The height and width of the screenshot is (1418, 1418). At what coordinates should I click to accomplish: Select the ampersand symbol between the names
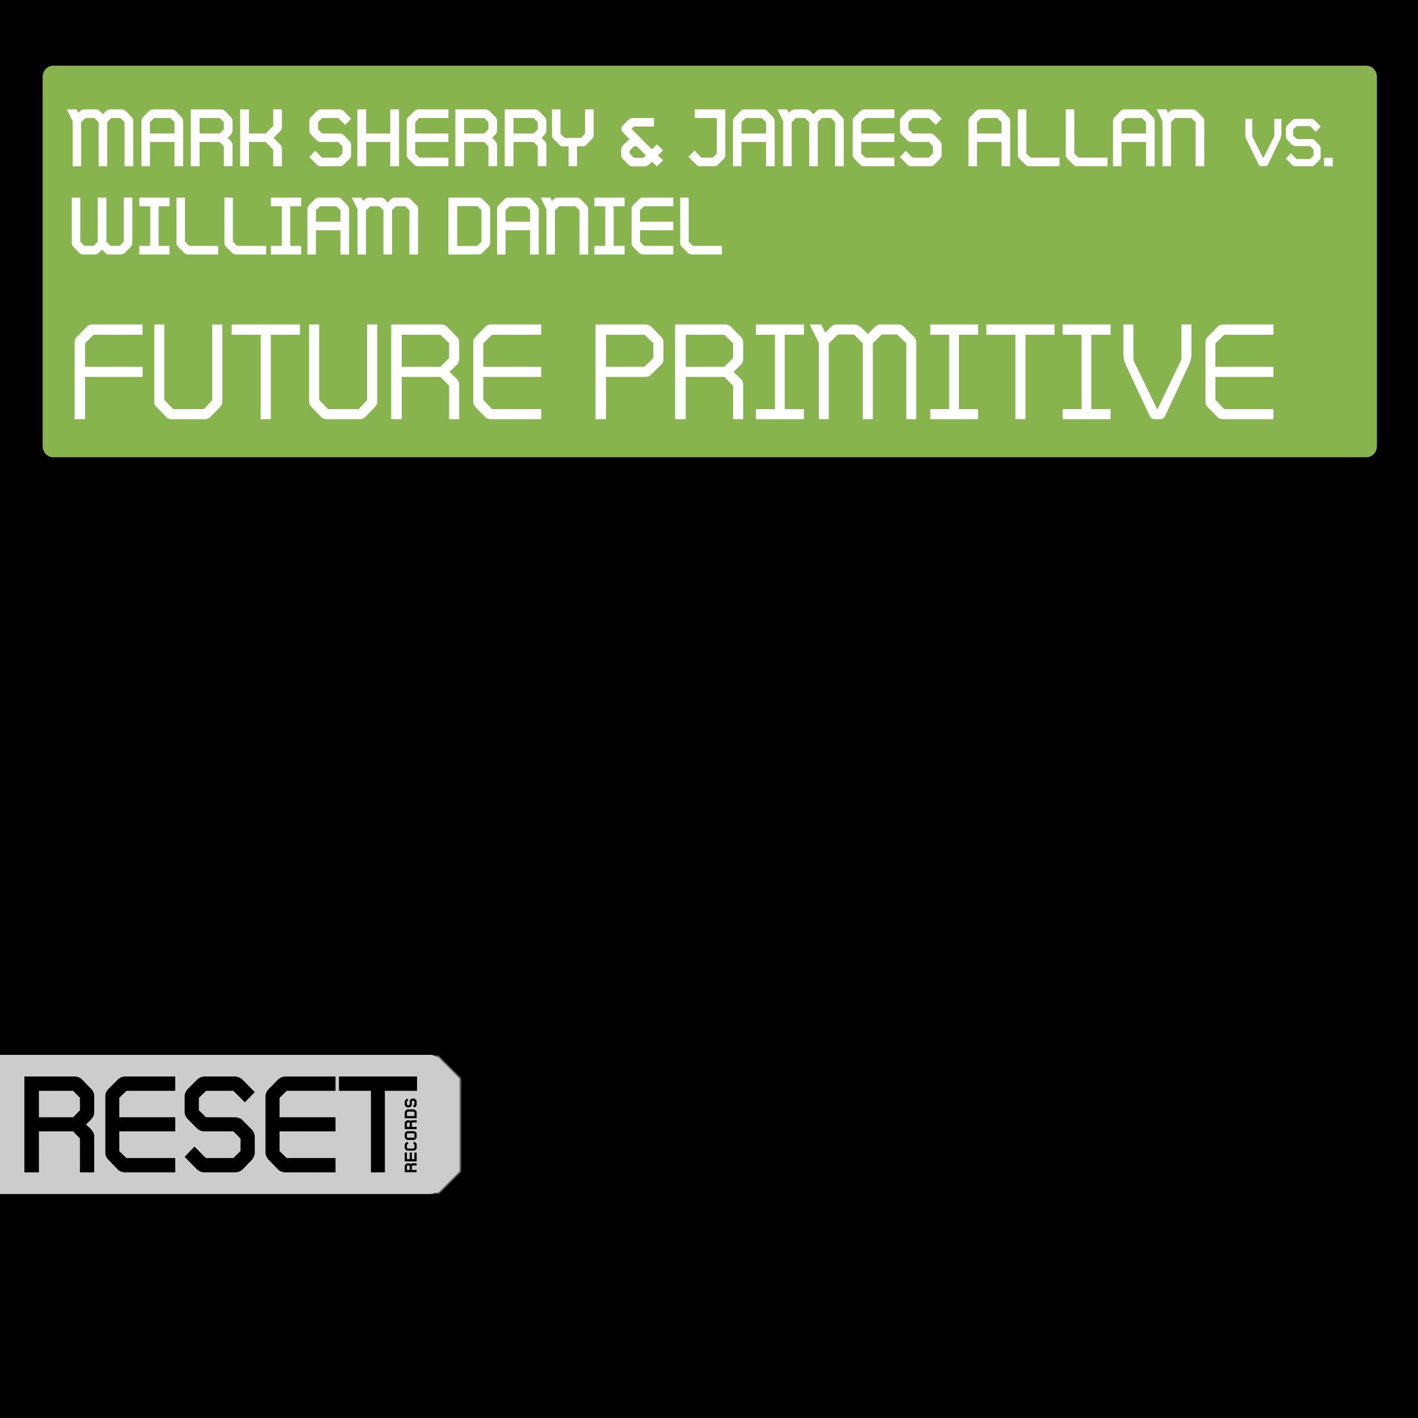point(641,140)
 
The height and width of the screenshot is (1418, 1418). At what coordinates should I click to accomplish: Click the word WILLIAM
point(245,228)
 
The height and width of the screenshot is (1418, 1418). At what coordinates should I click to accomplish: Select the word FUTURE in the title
point(308,373)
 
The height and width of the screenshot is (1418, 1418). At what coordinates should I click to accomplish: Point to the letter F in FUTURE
point(108,373)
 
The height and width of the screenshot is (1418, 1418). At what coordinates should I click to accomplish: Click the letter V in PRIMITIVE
point(1159,373)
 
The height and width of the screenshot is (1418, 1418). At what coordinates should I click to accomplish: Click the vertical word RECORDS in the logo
point(411,1135)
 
